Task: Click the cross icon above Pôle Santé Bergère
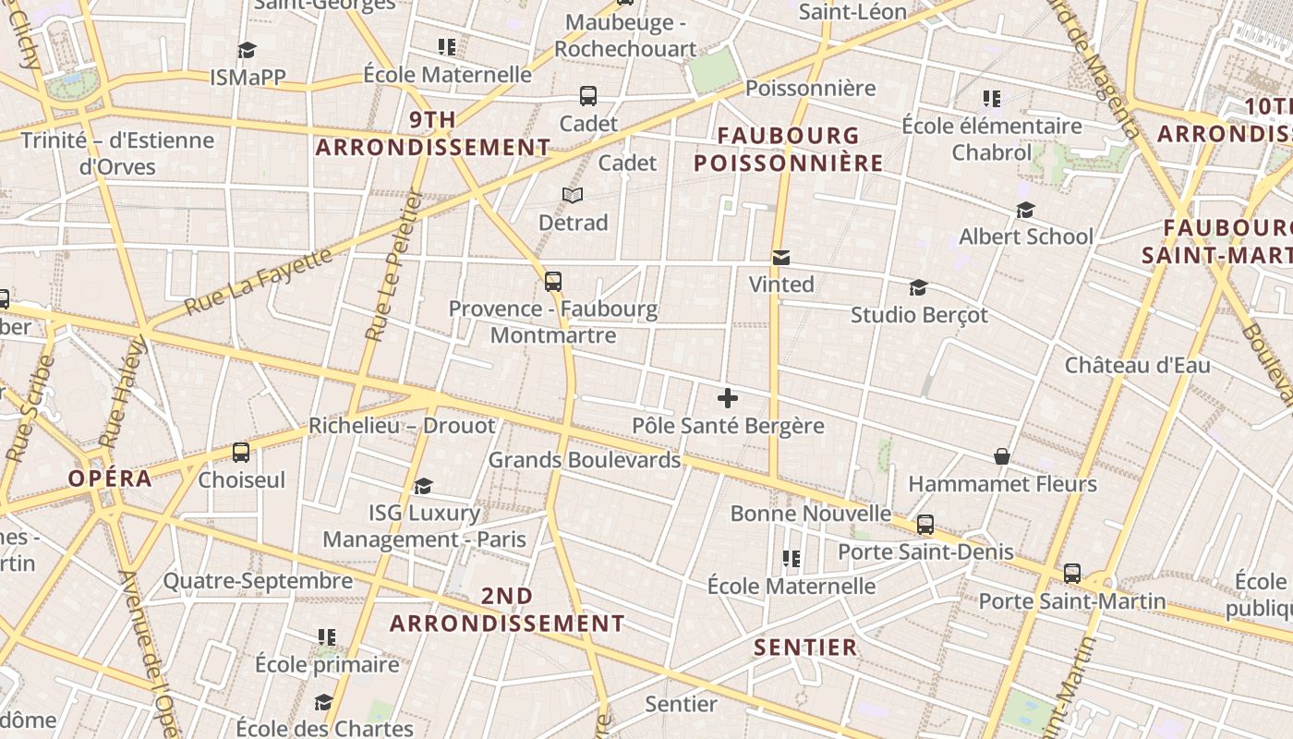728,398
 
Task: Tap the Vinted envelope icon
781,258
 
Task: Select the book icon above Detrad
573,196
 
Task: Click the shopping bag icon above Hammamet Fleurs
1001,456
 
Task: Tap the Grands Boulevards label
584,459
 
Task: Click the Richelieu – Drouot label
402,426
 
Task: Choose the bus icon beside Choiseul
241,453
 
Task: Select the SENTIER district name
805,647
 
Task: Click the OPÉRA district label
110,479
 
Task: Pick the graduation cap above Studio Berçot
918,288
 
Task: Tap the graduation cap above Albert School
1025,211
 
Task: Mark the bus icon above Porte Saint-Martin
1071,574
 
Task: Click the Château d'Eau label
1137,365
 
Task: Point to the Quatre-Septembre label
258,581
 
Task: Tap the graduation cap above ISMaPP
247,50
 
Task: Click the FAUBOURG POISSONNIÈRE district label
789,150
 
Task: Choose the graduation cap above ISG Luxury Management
423,486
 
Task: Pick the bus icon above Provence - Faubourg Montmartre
553,282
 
